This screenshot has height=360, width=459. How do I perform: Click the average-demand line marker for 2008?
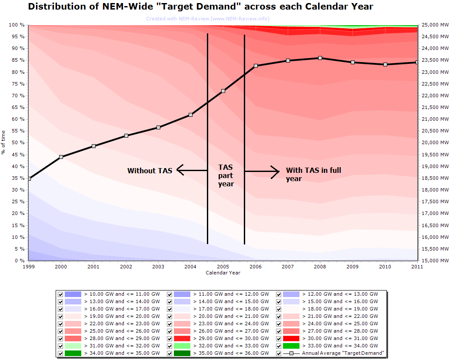coord(320,58)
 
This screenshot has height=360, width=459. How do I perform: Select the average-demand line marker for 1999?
coord(29,178)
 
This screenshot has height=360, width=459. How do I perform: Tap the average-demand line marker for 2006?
coord(256,66)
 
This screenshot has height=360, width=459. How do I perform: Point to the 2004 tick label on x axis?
coord(191,266)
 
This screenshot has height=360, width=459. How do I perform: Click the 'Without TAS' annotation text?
coord(150,171)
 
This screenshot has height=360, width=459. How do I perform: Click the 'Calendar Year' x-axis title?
coord(223,273)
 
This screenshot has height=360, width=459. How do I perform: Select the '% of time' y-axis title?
coord(4,142)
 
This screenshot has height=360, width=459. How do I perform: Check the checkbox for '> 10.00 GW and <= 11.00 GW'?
coord(60,294)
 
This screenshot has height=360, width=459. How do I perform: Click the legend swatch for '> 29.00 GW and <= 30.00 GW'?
coord(182,338)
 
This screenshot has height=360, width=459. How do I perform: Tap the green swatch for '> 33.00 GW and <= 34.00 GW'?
coord(291,346)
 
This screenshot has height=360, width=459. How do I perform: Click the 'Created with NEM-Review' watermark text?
coord(207,19)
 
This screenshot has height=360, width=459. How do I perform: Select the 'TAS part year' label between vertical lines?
coord(226,175)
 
